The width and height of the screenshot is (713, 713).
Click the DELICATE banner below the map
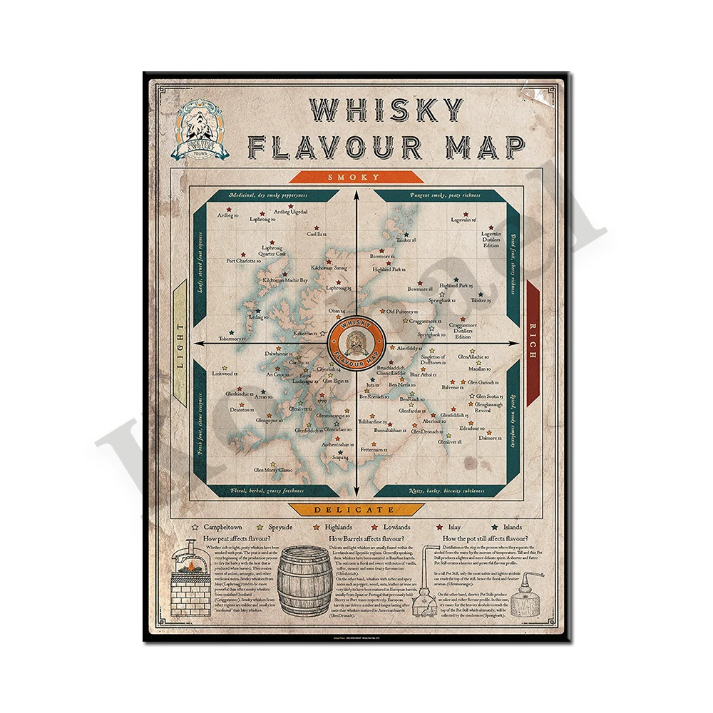355,509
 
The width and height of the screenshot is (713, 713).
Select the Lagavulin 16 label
464,220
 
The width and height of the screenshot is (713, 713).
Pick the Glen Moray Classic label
274,470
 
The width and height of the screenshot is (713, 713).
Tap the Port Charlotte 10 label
243,261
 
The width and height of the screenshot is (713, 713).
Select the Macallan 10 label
480,369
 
